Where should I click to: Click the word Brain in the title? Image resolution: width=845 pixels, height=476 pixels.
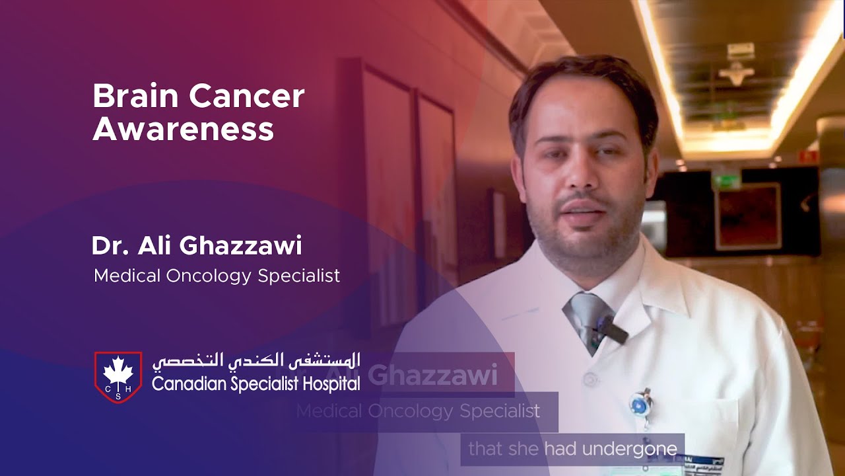(135, 97)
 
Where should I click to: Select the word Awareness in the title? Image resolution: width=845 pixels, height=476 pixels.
(183, 130)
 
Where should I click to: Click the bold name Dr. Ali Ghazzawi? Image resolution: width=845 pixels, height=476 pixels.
(197, 246)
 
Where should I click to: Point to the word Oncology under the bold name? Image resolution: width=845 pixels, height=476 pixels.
(213, 276)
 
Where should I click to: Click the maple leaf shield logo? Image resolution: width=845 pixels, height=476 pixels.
(118, 377)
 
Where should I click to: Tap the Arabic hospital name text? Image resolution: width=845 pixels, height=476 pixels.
(256, 361)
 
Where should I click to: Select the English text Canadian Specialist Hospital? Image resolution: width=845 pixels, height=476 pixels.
(256, 383)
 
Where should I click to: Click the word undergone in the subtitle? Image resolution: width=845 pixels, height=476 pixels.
(634, 450)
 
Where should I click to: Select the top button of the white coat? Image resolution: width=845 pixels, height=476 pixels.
(591, 379)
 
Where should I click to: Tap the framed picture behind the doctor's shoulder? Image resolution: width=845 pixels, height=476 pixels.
(749, 216)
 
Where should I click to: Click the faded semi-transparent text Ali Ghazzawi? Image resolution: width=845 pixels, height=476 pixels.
(430, 376)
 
